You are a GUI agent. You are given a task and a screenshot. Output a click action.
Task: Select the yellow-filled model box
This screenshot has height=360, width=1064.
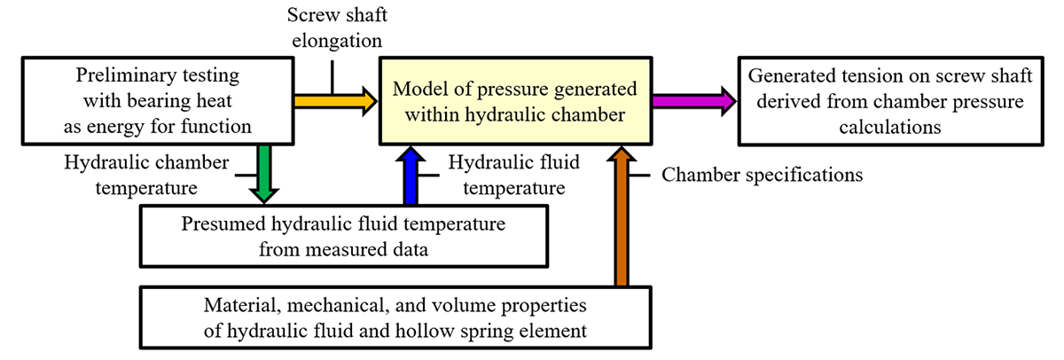(514, 101)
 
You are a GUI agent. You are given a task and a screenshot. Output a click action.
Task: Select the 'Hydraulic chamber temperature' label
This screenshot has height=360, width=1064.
(146, 175)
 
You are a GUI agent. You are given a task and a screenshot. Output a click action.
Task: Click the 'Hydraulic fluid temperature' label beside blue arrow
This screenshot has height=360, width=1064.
(508, 175)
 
